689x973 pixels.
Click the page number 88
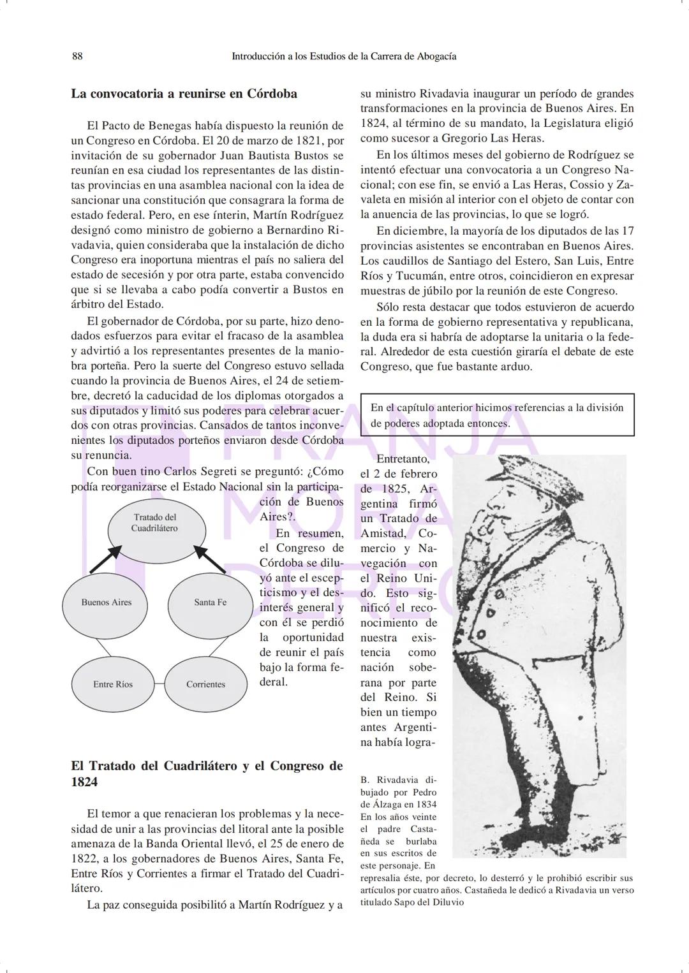coord(77,56)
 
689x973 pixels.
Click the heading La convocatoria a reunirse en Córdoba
coord(184,94)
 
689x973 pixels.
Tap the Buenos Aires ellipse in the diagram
coord(106,603)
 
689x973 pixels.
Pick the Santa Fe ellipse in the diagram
coord(210,603)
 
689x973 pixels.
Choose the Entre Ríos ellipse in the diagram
coord(113,684)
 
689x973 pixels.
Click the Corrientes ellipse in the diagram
coord(205,684)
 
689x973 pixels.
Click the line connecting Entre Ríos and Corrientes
coord(159,684)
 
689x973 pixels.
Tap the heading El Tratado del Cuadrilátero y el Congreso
coord(206,773)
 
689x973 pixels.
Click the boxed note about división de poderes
coord(497,415)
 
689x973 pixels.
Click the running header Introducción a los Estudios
coord(343,56)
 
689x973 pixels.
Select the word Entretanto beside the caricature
coord(403,459)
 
